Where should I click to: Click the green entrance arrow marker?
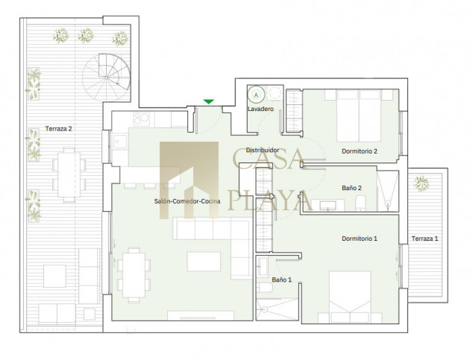(208, 102)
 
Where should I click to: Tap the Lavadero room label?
(260, 109)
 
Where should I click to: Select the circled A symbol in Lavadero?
(256, 95)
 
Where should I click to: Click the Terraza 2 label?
(58, 129)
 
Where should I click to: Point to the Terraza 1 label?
(425, 239)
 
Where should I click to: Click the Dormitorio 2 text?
(360, 151)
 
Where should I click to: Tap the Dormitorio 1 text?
(360, 239)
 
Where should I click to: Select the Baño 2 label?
(351, 188)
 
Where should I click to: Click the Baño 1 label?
(282, 280)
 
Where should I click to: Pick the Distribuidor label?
(263, 150)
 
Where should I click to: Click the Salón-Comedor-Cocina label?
(187, 201)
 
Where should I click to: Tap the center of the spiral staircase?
(107, 78)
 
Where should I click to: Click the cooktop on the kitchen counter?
(141, 119)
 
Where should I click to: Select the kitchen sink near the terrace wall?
(121, 142)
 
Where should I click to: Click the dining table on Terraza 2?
(69, 174)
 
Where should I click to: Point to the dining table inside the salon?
(134, 275)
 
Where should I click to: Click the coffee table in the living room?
(204, 262)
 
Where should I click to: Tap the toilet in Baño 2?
(360, 203)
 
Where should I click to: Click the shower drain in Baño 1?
(265, 309)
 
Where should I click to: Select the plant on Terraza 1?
(421, 184)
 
